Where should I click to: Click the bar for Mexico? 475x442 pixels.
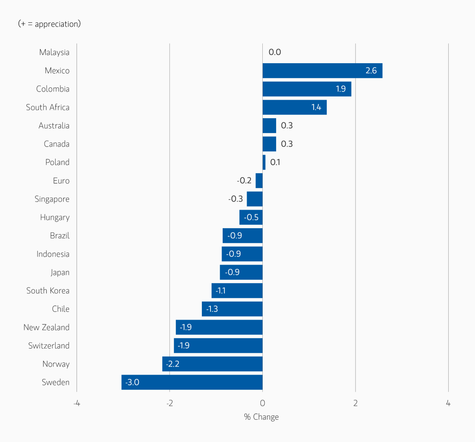click(x=322, y=71)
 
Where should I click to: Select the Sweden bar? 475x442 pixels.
click(x=192, y=382)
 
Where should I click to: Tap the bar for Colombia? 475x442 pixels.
click(x=307, y=89)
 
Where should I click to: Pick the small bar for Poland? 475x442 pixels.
click(x=264, y=162)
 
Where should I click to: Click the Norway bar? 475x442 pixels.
click(x=212, y=364)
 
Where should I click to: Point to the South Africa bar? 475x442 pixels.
click(x=294, y=107)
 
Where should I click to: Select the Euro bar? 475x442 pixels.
click(x=259, y=181)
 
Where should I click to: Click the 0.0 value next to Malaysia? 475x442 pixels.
click(x=275, y=52)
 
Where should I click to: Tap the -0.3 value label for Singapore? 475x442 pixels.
click(x=235, y=199)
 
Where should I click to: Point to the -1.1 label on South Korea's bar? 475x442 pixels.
click(x=220, y=290)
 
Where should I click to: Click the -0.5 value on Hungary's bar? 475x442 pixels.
click(x=251, y=217)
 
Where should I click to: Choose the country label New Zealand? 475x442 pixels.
click(x=46, y=327)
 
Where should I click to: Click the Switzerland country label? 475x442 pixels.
click(x=49, y=346)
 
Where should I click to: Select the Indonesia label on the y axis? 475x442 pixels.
click(x=53, y=254)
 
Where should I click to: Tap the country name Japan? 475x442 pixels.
click(x=60, y=272)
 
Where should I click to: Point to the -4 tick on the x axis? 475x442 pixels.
click(x=76, y=403)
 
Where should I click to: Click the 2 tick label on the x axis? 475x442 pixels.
click(x=356, y=403)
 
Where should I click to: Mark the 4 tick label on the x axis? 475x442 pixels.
click(x=448, y=403)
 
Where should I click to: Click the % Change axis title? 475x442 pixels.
click(x=261, y=417)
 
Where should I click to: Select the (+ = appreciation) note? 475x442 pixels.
click(x=49, y=24)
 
